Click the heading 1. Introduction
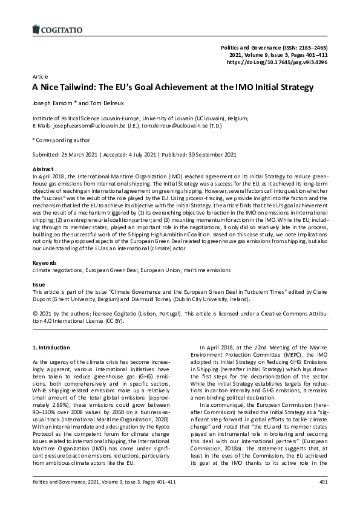click(50, 348)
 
